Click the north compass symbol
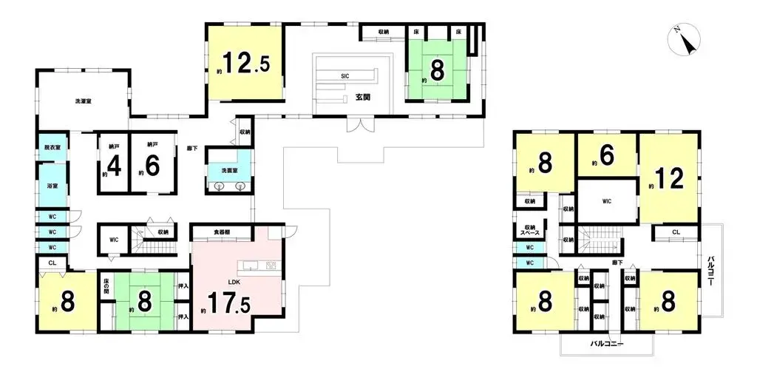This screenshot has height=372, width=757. [686, 42]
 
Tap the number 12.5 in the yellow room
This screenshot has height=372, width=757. [242, 65]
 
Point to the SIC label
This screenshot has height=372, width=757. [344, 75]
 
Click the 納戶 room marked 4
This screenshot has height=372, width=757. [112, 163]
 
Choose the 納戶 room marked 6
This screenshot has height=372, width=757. [152, 163]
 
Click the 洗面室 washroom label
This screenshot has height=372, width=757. [229, 170]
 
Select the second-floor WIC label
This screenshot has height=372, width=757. [606, 200]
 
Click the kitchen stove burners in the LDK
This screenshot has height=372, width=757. [271, 265]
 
